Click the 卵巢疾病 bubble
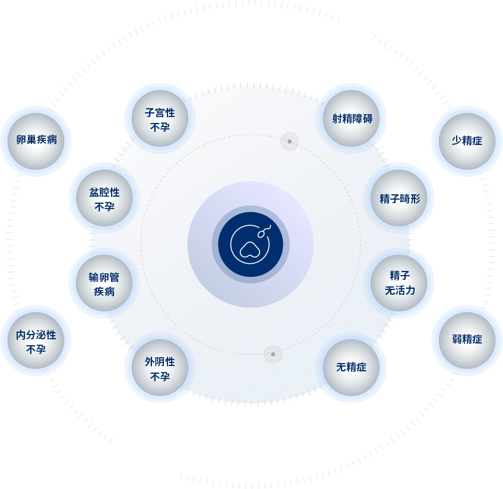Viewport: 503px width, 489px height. click(x=36, y=141)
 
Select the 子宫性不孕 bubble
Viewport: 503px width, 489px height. click(x=160, y=119)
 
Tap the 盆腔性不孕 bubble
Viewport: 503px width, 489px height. click(x=104, y=198)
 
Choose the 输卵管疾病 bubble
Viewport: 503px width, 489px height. click(x=104, y=283)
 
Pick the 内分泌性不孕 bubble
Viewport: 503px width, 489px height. click(x=36, y=341)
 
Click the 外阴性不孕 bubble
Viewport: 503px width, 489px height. click(x=160, y=368)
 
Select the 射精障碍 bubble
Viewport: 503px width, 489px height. click(x=352, y=118)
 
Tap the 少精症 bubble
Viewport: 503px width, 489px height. click(x=467, y=141)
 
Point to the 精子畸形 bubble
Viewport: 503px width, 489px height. click(x=399, y=198)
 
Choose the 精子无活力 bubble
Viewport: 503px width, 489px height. click(x=399, y=283)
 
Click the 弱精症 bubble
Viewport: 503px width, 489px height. click(x=467, y=340)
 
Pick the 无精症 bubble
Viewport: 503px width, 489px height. click(x=352, y=368)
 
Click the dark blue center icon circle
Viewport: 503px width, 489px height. click(x=251, y=244)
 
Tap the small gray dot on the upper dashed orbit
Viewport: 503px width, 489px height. click(x=290, y=141)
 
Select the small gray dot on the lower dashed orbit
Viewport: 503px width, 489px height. click(x=273, y=354)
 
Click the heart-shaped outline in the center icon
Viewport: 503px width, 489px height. click(x=249, y=250)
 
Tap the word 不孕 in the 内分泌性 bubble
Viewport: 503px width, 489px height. click(x=36, y=349)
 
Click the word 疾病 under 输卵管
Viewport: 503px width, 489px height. click(x=104, y=292)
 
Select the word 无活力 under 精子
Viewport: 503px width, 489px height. click(x=400, y=291)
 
